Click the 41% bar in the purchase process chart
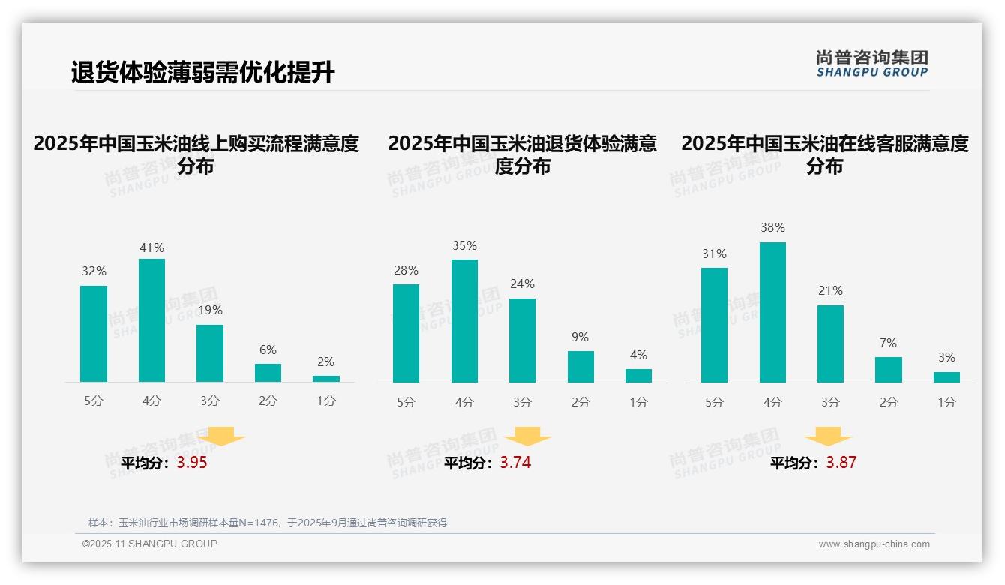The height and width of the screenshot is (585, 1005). [151, 320]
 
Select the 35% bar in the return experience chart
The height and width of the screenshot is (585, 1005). [464, 321]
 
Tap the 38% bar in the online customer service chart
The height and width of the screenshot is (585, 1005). [772, 312]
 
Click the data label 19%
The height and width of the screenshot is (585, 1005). [210, 310]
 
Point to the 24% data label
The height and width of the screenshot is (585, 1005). [522, 284]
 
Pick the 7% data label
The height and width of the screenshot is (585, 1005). [888, 343]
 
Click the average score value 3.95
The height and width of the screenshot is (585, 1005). [192, 463]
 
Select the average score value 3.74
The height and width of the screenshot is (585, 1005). [515, 463]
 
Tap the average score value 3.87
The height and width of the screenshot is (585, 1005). [841, 463]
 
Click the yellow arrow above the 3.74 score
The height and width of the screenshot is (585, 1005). [527, 437]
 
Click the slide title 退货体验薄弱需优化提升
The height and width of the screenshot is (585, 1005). [202, 73]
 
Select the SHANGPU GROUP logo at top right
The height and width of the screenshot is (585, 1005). [871, 64]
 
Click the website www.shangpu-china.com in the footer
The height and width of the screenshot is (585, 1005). [874, 544]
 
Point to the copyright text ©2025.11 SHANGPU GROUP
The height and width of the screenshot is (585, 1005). [150, 544]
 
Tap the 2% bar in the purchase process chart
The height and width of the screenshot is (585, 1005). [326, 379]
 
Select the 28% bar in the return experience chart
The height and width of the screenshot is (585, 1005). [406, 333]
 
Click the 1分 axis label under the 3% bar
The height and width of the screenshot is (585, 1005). [946, 402]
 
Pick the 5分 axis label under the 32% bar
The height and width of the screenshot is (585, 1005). [94, 401]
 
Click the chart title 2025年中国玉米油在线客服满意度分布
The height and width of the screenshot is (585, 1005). [824, 154]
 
